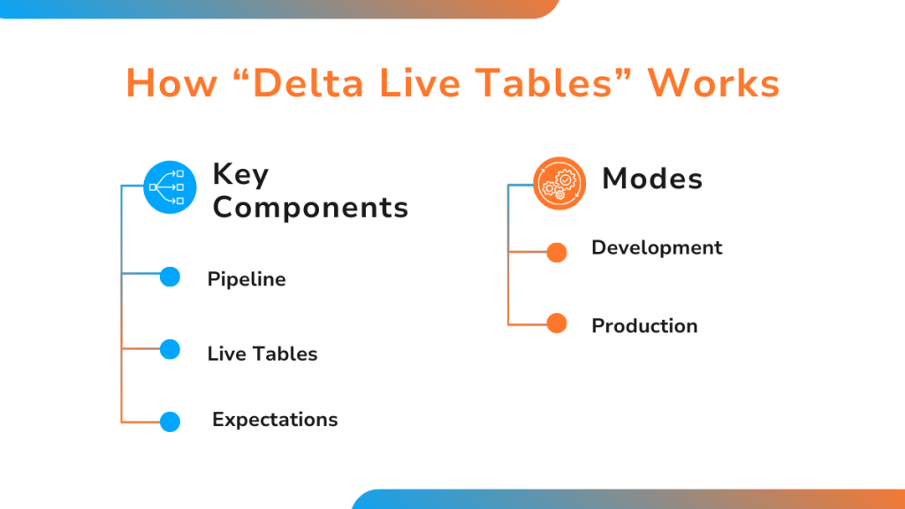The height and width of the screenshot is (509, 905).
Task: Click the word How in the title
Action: click(x=172, y=84)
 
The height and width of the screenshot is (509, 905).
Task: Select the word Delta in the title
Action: click(x=308, y=84)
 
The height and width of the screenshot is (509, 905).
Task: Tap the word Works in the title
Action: click(x=713, y=84)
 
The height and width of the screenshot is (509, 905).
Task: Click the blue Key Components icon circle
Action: click(x=170, y=187)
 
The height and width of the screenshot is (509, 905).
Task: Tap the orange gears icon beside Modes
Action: click(x=559, y=184)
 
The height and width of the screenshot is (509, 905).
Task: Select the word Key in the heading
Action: click(x=240, y=175)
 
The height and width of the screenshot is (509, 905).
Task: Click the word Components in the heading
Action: click(x=310, y=208)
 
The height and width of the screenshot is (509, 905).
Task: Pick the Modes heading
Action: click(x=652, y=179)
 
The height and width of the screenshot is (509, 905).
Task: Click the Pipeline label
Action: click(x=247, y=279)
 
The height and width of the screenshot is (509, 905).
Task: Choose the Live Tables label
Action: click(x=262, y=353)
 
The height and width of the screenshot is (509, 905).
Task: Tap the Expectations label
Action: click(x=275, y=420)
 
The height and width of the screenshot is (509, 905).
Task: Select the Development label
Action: click(x=657, y=247)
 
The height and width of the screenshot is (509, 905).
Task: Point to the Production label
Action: click(x=644, y=326)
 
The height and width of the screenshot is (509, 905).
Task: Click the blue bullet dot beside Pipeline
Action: click(x=170, y=277)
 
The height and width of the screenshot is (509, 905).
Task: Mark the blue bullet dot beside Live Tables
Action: click(x=170, y=350)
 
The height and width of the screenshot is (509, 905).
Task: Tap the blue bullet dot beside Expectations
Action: click(x=170, y=422)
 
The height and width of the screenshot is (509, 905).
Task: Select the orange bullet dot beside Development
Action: click(x=557, y=252)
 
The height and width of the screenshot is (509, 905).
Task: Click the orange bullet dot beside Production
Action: click(x=557, y=323)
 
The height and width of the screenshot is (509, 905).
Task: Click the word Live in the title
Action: click(x=420, y=84)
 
